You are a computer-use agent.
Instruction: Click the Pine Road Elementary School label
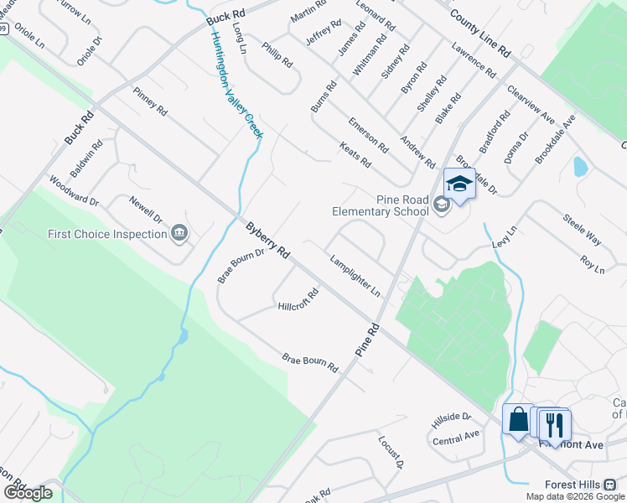point(380,205)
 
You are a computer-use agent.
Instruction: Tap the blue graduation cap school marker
point(459,184)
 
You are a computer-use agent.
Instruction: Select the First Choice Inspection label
point(107,234)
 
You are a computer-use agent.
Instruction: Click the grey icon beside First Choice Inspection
point(179,232)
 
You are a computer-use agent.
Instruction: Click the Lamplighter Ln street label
point(355,276)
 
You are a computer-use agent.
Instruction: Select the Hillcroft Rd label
point(298,300)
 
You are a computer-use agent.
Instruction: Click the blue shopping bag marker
point(518,417)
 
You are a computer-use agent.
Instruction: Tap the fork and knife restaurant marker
point(555,424)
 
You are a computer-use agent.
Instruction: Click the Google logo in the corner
point(28,492)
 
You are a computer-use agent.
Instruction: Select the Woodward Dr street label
point(74,190)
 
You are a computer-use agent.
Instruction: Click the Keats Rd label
point(355,155)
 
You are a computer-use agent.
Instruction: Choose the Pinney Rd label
point(150,105)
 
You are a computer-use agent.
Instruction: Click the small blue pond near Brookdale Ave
point(579,166)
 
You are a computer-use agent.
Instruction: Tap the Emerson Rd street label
point(368,134)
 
